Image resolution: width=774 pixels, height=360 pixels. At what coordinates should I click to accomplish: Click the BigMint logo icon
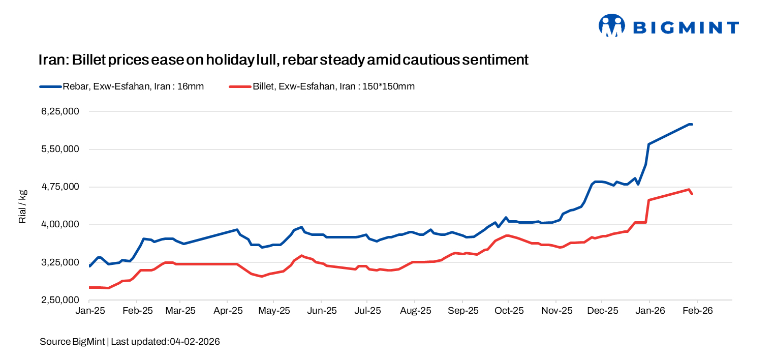click(611, 26)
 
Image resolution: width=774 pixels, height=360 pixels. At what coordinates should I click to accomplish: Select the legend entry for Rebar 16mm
click(122, 86)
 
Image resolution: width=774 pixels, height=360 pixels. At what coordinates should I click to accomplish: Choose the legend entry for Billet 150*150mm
click(322, 86)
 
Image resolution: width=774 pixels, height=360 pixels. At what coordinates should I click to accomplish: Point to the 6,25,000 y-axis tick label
click(63, 111)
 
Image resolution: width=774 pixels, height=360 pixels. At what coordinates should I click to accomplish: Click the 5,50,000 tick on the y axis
click(63, 149)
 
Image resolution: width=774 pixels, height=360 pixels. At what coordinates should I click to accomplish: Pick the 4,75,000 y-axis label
click(63, 187)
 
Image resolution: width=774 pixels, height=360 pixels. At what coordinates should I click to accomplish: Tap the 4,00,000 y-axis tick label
click(63, 224)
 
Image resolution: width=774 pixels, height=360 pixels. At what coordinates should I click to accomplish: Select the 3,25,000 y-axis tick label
click(63, 262)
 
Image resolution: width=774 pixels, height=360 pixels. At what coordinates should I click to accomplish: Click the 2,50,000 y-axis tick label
click(63, 300)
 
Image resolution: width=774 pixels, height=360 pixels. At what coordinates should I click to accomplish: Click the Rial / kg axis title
click(22, 206)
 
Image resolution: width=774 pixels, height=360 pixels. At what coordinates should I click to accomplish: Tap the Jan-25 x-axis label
click(89, 310)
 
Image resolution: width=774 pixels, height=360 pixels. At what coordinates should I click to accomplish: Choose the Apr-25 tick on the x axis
click(227, 310)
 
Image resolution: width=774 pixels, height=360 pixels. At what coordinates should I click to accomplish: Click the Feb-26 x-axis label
click(697, 310)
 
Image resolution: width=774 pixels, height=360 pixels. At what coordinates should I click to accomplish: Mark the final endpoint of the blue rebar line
click(692, 124)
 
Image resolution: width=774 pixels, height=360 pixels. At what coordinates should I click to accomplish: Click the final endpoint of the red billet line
click(692, 194)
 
